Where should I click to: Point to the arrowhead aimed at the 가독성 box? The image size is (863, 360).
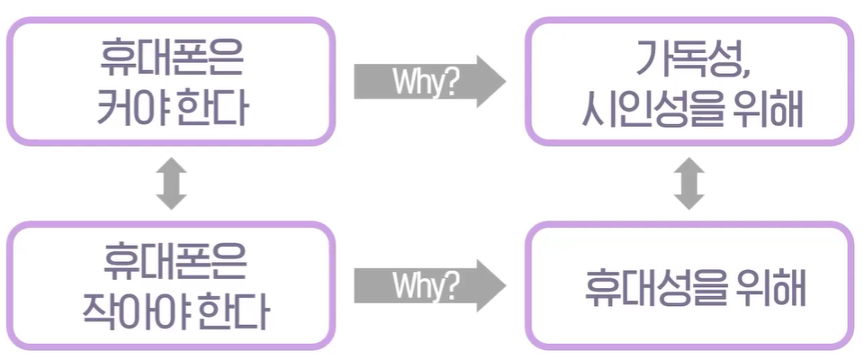tap(490, 82)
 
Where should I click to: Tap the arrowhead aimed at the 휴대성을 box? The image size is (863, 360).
tap(490, 286)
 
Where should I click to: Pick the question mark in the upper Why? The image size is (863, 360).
tap(450, 82)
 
